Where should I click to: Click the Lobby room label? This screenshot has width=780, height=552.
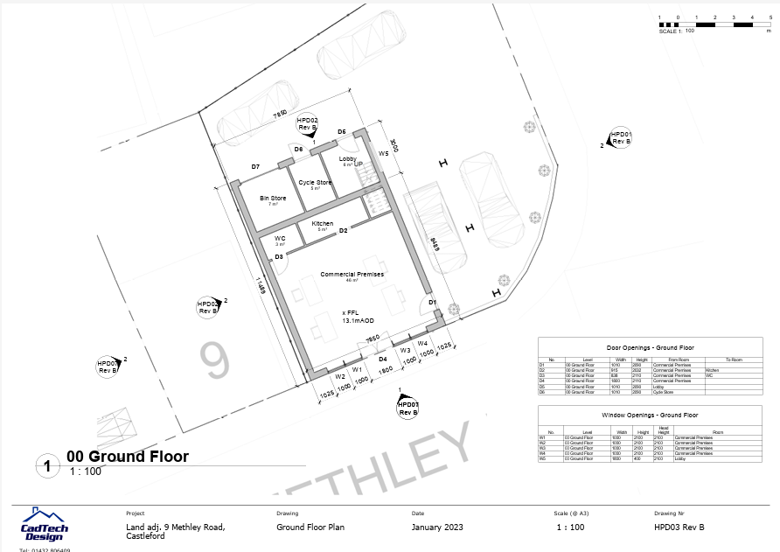(349, 159)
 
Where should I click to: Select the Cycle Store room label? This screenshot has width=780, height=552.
(315, 183)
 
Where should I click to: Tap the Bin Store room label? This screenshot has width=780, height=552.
(273, 199)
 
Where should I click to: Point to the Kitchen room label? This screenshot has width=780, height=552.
(323, 224)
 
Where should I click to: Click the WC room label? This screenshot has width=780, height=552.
(280, 238)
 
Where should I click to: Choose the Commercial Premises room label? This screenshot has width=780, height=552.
(352, 275)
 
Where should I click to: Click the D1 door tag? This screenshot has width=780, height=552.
(432, 302)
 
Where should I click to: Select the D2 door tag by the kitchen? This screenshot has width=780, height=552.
(344, 231)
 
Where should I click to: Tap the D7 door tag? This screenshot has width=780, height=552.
(256, 166)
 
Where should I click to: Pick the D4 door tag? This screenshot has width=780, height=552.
(382, 359)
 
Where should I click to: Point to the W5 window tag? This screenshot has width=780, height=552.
(383, 154)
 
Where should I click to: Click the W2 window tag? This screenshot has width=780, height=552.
(339, 376)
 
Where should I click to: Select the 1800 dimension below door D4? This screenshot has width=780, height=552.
(385, 371)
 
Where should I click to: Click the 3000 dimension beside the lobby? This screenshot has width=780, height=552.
(394, 145)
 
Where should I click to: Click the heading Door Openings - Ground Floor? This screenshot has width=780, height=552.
(625, 348)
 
